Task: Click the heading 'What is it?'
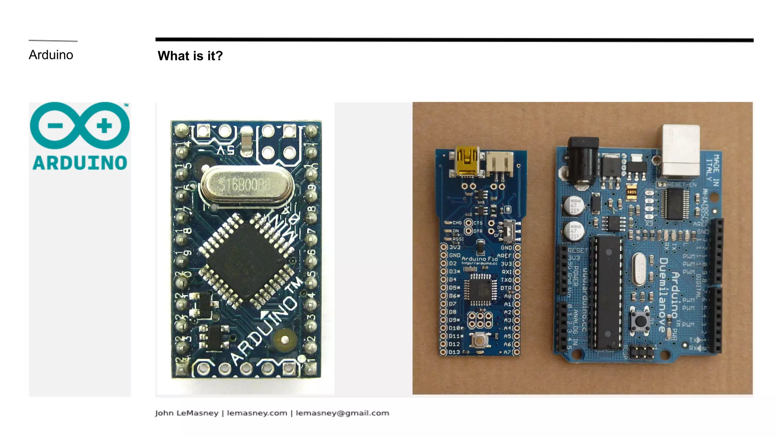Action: tap(190, 56)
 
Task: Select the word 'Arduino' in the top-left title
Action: tap(51, 55)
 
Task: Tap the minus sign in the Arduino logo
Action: tap(55, 126)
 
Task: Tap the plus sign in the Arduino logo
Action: tap(104, 126)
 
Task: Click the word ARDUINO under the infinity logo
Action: tap(80, 163)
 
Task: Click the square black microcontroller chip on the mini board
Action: tap(246, 261)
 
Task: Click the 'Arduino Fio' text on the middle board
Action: tap(479, 259)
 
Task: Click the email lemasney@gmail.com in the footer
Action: tap(342, 413)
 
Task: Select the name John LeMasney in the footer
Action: tap(186, 413)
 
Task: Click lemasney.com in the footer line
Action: tap(257, 413)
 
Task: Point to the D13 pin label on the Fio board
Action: tap(454, 352)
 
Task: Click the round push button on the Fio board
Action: tap(480, 340)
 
